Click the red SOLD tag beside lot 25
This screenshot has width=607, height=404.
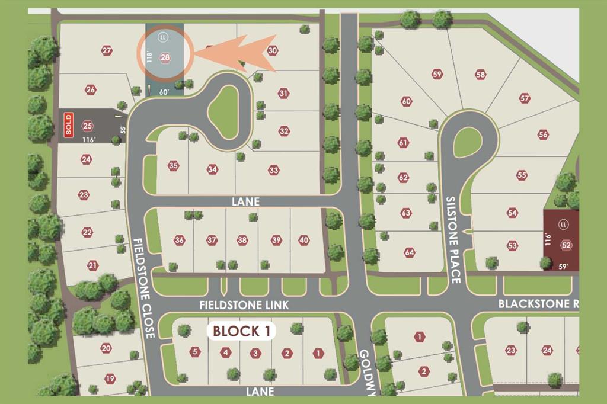coord(69,125)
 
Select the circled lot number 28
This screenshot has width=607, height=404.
coord(165,57)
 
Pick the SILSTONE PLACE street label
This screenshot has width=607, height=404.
coord(453,240)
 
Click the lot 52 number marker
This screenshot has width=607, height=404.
coord(566,245)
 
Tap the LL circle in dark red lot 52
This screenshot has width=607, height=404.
coord(564,225)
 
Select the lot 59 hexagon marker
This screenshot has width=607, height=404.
coord(437,75)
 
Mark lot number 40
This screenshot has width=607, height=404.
coord(304,240)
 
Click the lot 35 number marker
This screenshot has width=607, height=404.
coord(173,166)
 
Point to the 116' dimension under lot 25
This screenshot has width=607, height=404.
coord(90,139)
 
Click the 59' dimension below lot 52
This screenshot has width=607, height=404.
coord(564,267)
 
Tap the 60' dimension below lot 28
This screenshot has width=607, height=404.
coord(164,92)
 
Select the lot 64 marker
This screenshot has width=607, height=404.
coord(409,252)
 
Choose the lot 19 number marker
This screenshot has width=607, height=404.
coord(110,379)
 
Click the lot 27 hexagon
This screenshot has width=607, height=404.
coord(107,51)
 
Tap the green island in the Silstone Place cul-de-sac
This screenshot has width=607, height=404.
coord(468,142)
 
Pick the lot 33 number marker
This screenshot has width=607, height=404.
coord(273,170)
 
